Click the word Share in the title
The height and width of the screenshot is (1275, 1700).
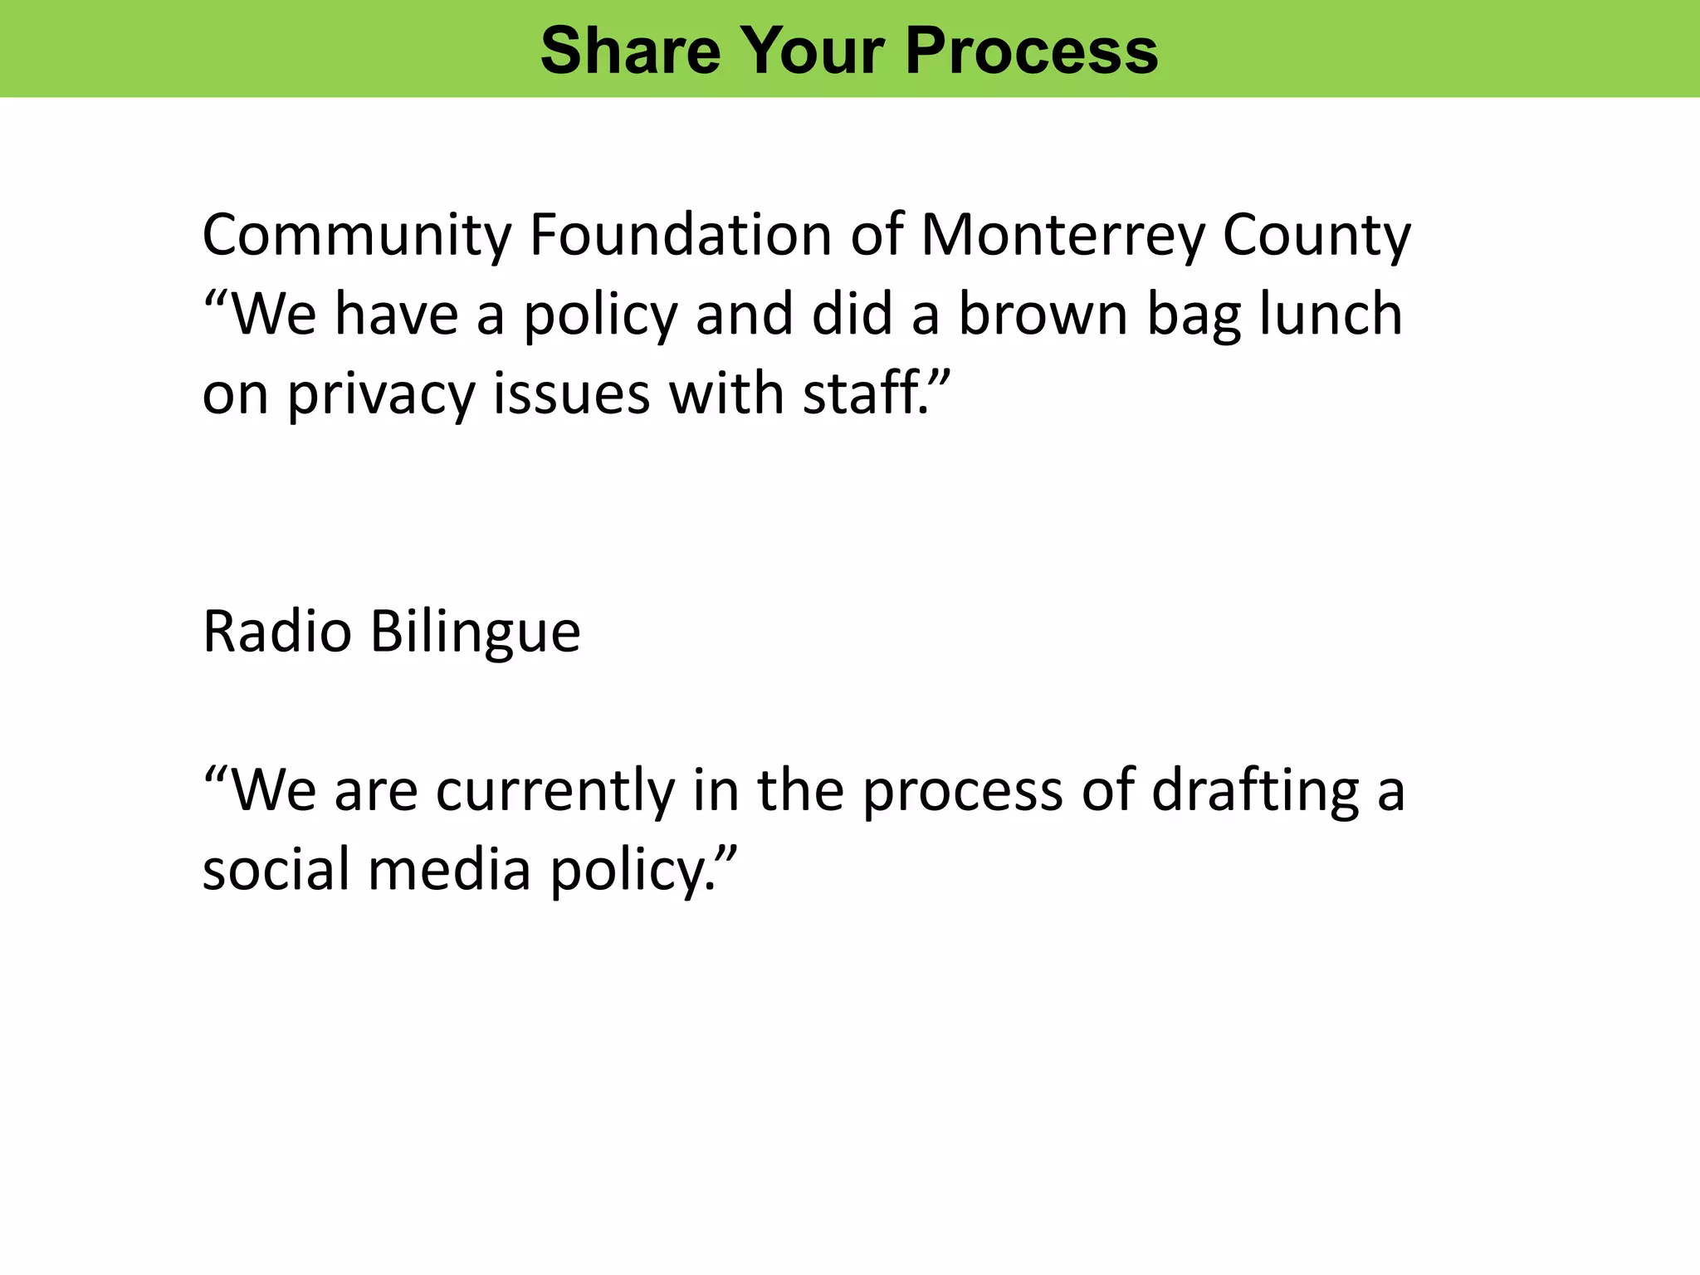point(630,51)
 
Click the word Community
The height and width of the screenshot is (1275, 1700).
point(356,236)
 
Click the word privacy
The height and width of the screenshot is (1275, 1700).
point(380,395)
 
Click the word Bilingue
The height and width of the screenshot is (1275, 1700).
point(475,633)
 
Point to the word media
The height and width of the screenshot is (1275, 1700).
point(449,870)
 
